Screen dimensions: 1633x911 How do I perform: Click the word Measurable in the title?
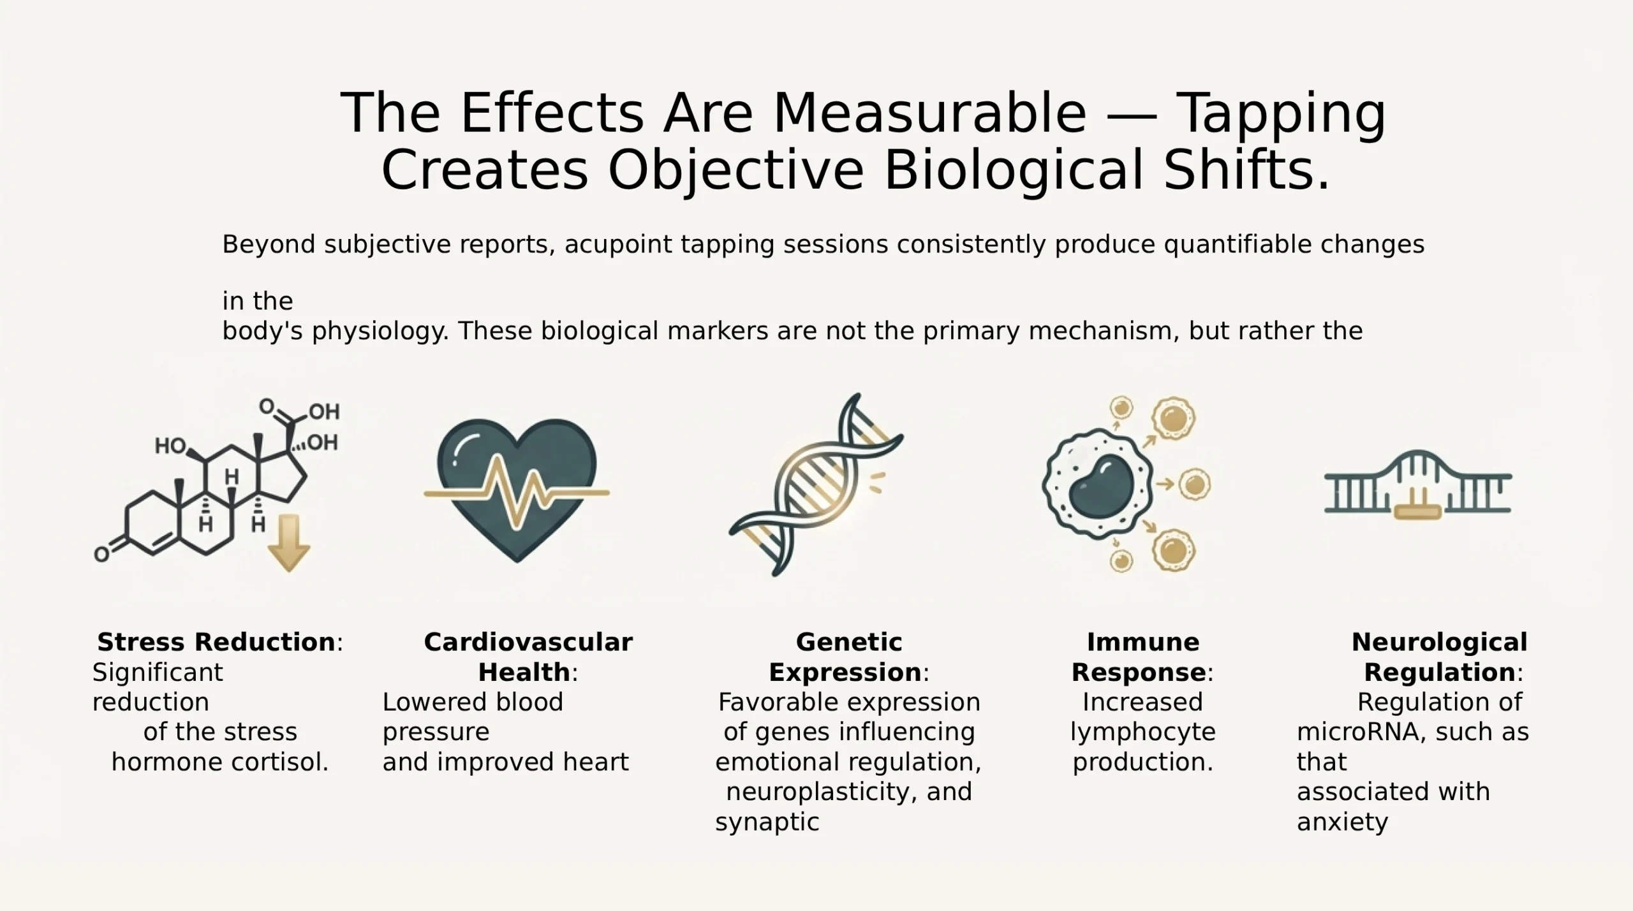coord(929,113)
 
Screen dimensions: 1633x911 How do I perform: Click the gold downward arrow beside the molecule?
coord(288,543)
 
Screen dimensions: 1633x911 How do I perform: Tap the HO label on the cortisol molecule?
coord(170,446)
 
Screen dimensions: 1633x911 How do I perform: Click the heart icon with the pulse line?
coord(517,490)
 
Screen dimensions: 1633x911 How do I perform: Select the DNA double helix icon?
coord(816,485)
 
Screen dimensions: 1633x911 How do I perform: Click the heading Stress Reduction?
coord(216,642)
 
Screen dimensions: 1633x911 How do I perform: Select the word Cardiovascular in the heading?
coord(528,642)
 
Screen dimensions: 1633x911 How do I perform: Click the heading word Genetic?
coord(849,642)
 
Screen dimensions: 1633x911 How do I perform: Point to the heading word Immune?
coord(1143,642)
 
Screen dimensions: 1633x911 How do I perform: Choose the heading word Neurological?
coord(1440,643)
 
